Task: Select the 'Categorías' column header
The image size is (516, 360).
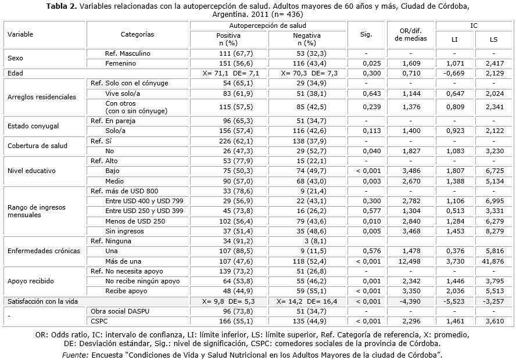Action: click(x=138, y=35)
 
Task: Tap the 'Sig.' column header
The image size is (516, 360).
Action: click(x=366, y=35)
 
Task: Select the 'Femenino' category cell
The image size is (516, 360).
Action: click(x=121, y=63)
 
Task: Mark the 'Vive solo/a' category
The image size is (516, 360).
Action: click(x=123, y=93)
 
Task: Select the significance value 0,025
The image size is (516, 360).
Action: click(x=366, y=63)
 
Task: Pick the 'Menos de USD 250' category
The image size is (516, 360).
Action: click(x=135, y=221)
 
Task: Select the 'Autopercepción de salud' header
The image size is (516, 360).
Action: click(x=268, y=26)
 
